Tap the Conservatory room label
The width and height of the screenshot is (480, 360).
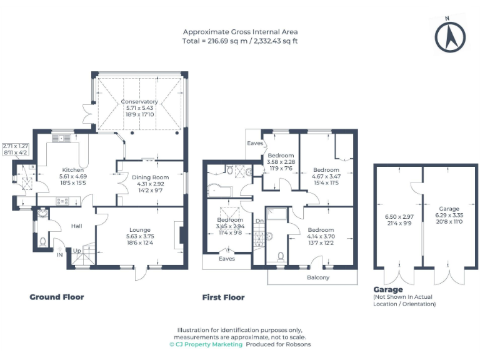click(139, 102)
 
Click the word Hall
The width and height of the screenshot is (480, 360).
click(76, 226)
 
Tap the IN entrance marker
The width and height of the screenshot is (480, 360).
click(60, 256)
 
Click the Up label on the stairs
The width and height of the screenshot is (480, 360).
click(77, 251)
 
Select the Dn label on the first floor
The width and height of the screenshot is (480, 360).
click(259, 221)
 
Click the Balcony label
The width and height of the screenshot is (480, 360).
click(318, 277)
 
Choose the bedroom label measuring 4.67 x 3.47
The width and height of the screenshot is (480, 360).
click(326, 170)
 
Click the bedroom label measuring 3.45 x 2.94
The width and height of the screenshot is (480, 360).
click(229, 221)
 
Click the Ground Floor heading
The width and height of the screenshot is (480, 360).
click(57, 297)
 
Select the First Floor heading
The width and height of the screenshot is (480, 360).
click(223, 297)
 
